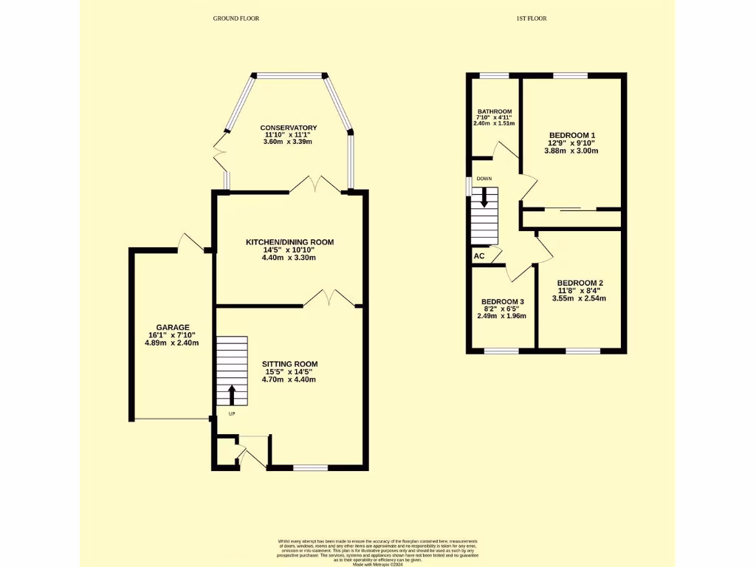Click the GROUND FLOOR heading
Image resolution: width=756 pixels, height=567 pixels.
[236, 18]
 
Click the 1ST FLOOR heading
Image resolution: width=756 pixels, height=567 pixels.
[531, 18]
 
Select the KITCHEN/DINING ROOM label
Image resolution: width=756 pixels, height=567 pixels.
[290, 241]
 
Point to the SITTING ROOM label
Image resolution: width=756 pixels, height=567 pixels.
[289, 364]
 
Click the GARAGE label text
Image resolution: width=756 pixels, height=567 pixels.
[173, 327]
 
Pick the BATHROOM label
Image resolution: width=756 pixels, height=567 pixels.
[494, 111]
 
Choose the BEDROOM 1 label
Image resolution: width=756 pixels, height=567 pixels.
[571, 135]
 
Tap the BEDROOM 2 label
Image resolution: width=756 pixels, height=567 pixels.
[580, 283]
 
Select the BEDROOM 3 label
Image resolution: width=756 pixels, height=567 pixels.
[502, 302]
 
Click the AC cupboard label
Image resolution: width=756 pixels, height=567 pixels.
[479, 256]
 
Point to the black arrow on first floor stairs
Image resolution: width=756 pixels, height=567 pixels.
[484, 196]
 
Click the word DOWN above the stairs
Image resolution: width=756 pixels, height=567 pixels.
[484, 179]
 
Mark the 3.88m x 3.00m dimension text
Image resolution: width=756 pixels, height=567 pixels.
[571, 151]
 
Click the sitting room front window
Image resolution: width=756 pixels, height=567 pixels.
[310, 467]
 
